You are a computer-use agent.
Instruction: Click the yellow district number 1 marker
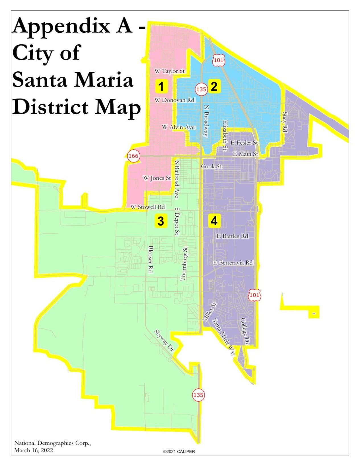(x=161, y=86)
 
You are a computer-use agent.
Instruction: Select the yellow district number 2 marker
(x=214, y=86)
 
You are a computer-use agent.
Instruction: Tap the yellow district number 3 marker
(x=161, y=221)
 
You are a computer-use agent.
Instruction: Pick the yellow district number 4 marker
(x=214, y=221)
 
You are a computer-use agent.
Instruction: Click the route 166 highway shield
(x=133, y=156)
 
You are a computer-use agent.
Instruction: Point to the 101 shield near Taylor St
(x=219, y=60)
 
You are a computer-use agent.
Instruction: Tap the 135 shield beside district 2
(x=201, y=89)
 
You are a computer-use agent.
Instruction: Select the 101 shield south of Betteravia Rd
(x=254, y=295)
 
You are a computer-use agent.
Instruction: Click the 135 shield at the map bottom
(x=198, y=395)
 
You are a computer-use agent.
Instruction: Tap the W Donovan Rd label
(x=174, y=100)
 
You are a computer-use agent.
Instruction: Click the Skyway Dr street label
(x=164, y=341)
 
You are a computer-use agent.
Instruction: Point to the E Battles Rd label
(x=232, y=236)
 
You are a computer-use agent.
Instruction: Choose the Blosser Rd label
(x=151, y=259)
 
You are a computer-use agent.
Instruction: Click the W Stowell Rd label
(x=148, y=207)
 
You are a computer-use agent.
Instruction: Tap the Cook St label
(x=211, y=166)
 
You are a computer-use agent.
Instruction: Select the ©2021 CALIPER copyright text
(x=179, y=451)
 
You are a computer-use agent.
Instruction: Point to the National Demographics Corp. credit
(x=53, y=443)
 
